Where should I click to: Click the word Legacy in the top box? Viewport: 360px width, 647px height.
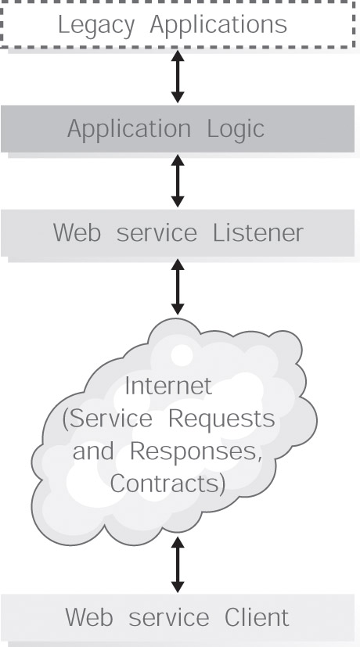96,26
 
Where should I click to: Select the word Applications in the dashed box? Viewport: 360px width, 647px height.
218,26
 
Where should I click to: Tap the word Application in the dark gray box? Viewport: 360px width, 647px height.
129,130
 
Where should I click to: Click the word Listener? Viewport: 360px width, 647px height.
258,233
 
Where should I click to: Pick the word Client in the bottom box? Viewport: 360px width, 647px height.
257,618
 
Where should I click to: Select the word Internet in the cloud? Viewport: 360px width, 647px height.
168,386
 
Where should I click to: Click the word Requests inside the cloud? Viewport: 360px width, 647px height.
221,419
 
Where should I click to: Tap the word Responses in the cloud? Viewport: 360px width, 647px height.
196,452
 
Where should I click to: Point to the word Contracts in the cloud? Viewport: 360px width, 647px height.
167,484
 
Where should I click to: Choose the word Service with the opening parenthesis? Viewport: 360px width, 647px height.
107,419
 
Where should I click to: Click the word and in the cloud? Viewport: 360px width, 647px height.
93,451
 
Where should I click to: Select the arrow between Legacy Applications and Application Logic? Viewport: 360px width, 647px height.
178,77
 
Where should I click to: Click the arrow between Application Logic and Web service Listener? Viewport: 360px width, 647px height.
178,181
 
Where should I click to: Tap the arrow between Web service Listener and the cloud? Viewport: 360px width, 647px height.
178,287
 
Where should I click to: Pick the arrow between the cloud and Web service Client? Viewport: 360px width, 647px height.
178,565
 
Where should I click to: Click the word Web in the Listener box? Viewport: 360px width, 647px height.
77,233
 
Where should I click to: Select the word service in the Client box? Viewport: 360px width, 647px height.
169,619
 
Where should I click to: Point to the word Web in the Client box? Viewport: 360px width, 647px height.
89,618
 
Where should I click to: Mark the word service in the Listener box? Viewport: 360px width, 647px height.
157,234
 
